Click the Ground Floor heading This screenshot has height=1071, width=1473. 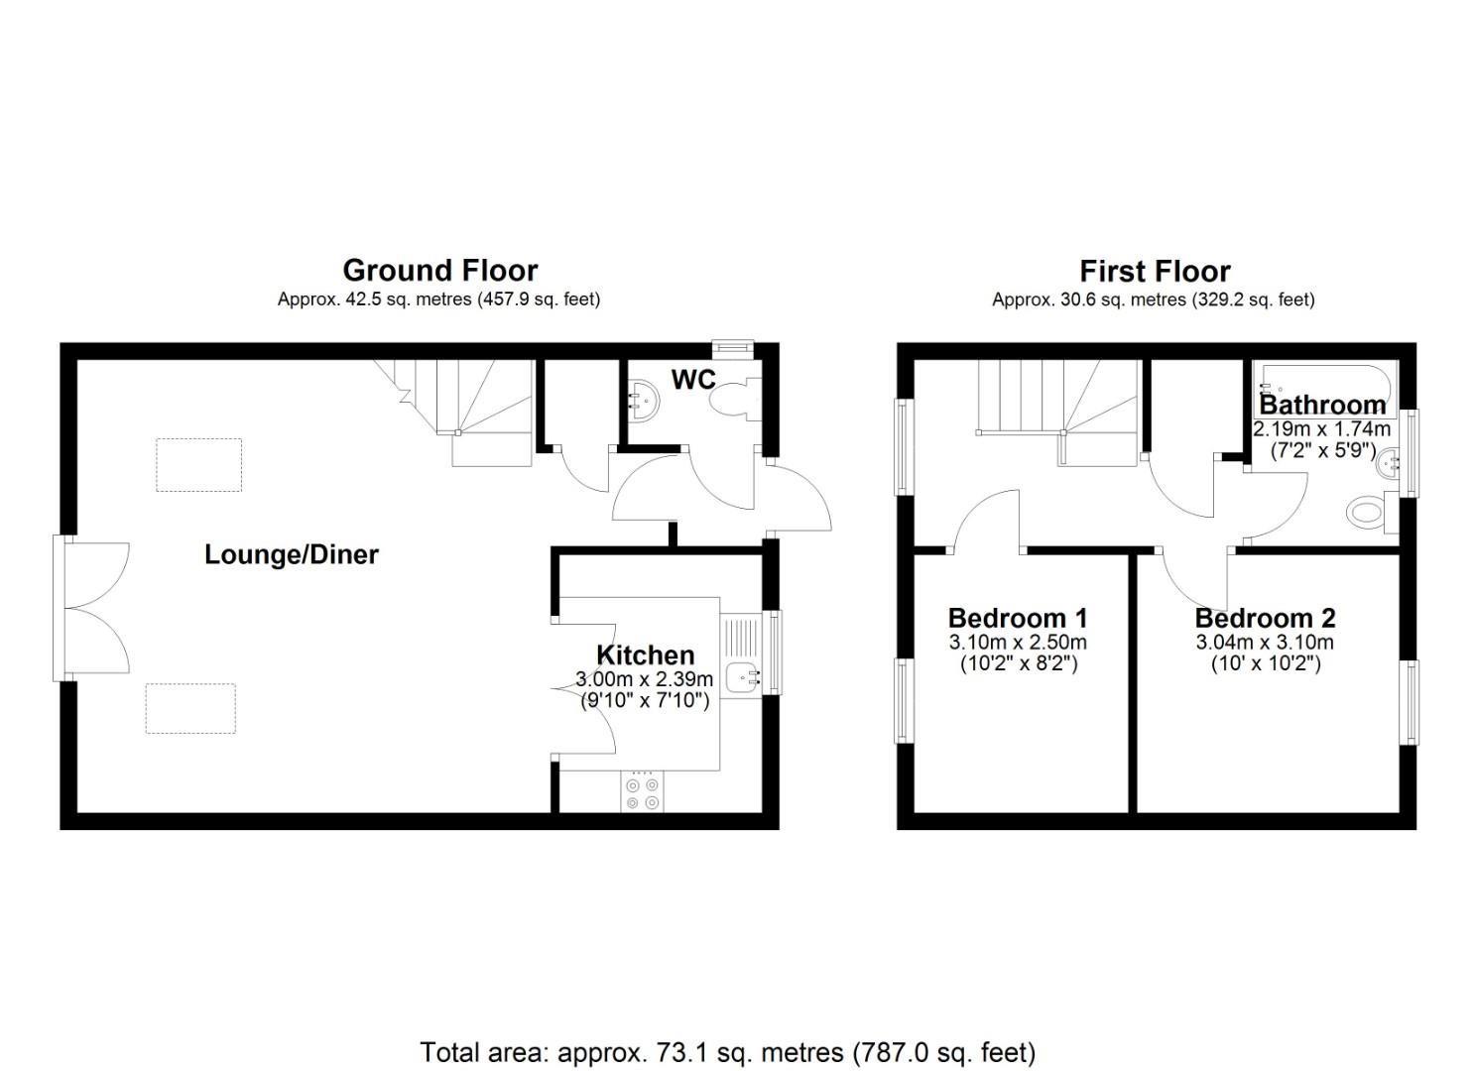click(439, 270)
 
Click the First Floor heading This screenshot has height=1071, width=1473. click(1155, 271)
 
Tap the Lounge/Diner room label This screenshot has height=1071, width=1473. click(291, 553)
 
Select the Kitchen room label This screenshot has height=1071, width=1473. click(645, 654)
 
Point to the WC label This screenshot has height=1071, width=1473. click(693, 380)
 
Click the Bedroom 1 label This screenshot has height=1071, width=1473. click(1018, 618)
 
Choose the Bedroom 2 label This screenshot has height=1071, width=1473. click(1265, 618)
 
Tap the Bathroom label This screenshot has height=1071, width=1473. click(1322, 405)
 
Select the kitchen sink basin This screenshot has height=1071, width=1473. click(743, 678)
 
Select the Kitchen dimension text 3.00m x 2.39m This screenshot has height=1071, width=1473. click(645, 679)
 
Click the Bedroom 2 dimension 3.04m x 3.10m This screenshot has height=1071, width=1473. click(1265, 643)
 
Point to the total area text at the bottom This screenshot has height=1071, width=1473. click(727, 1052)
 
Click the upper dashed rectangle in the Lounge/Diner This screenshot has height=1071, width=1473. click(199, 465)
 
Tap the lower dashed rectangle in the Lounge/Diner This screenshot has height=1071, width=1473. click(190, 708)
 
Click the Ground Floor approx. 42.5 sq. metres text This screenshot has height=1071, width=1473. click(438, 298)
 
